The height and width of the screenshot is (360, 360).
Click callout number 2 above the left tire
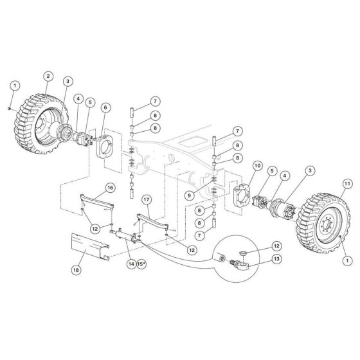(48, 76)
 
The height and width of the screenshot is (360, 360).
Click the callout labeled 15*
(141, 264)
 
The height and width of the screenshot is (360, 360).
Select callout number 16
(110, 187)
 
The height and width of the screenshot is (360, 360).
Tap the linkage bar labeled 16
(97, 200)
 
